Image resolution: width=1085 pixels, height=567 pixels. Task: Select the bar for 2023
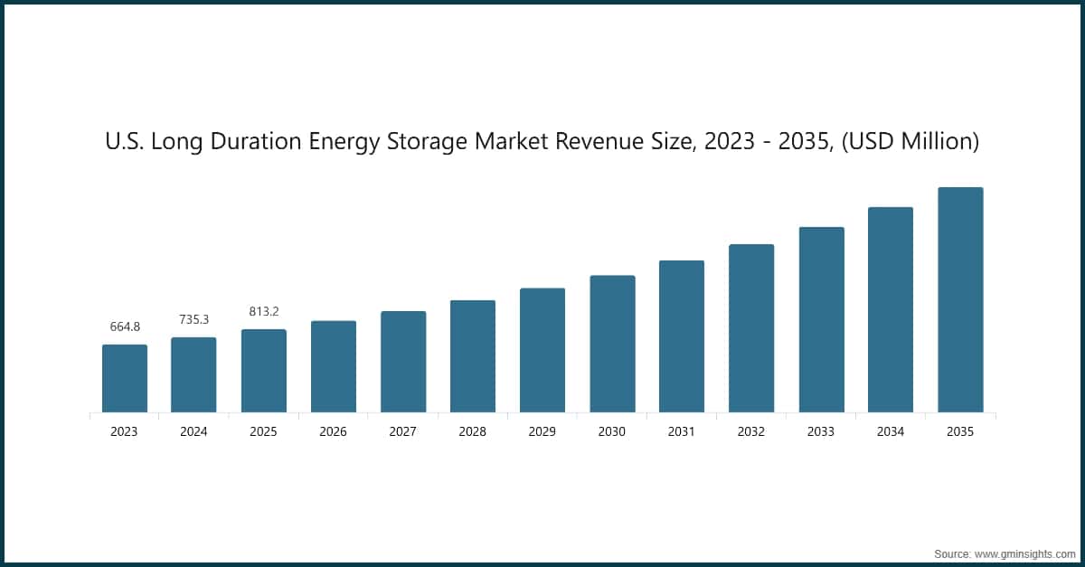pyautogui.click(x=124, y=379)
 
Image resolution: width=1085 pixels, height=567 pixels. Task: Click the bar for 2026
pyautogui.click(x=333, y=367)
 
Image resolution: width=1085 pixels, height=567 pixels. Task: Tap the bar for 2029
pyautogui.click(x=542, y=351)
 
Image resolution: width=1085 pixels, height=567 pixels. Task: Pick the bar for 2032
pyautogui.click(x=750, y=329)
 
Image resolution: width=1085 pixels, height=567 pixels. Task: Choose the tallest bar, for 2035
pyautogui.click(x=959, y=300)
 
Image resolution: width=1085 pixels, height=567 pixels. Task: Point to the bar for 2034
pyautogui.click(x=890, y=310)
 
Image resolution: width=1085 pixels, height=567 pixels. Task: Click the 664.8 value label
pyautogui.click(x=124, y=326)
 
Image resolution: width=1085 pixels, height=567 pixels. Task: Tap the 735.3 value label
pyautogui.click(x=193, y=319)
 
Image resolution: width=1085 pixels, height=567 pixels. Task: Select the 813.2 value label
pyautogui.click(x=263, y=311)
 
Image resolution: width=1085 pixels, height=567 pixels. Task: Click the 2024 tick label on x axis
pyautogui.click(x=193, y=432)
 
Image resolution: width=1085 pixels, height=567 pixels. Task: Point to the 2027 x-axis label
pyautogui.click(x=402, y=432)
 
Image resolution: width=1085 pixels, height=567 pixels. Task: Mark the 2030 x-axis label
pyautogui.click(x=611, y=432)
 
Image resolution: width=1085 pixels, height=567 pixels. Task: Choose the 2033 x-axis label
pyautogui.click(x=820, y=432)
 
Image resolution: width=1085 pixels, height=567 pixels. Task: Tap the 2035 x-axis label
pyautogui.click(x=959, y=432)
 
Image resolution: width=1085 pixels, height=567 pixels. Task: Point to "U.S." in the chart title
pyautogui.click(x=122, y=142)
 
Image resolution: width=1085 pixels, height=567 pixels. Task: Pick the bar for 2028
pyautogui.click(x=472, y=356)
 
